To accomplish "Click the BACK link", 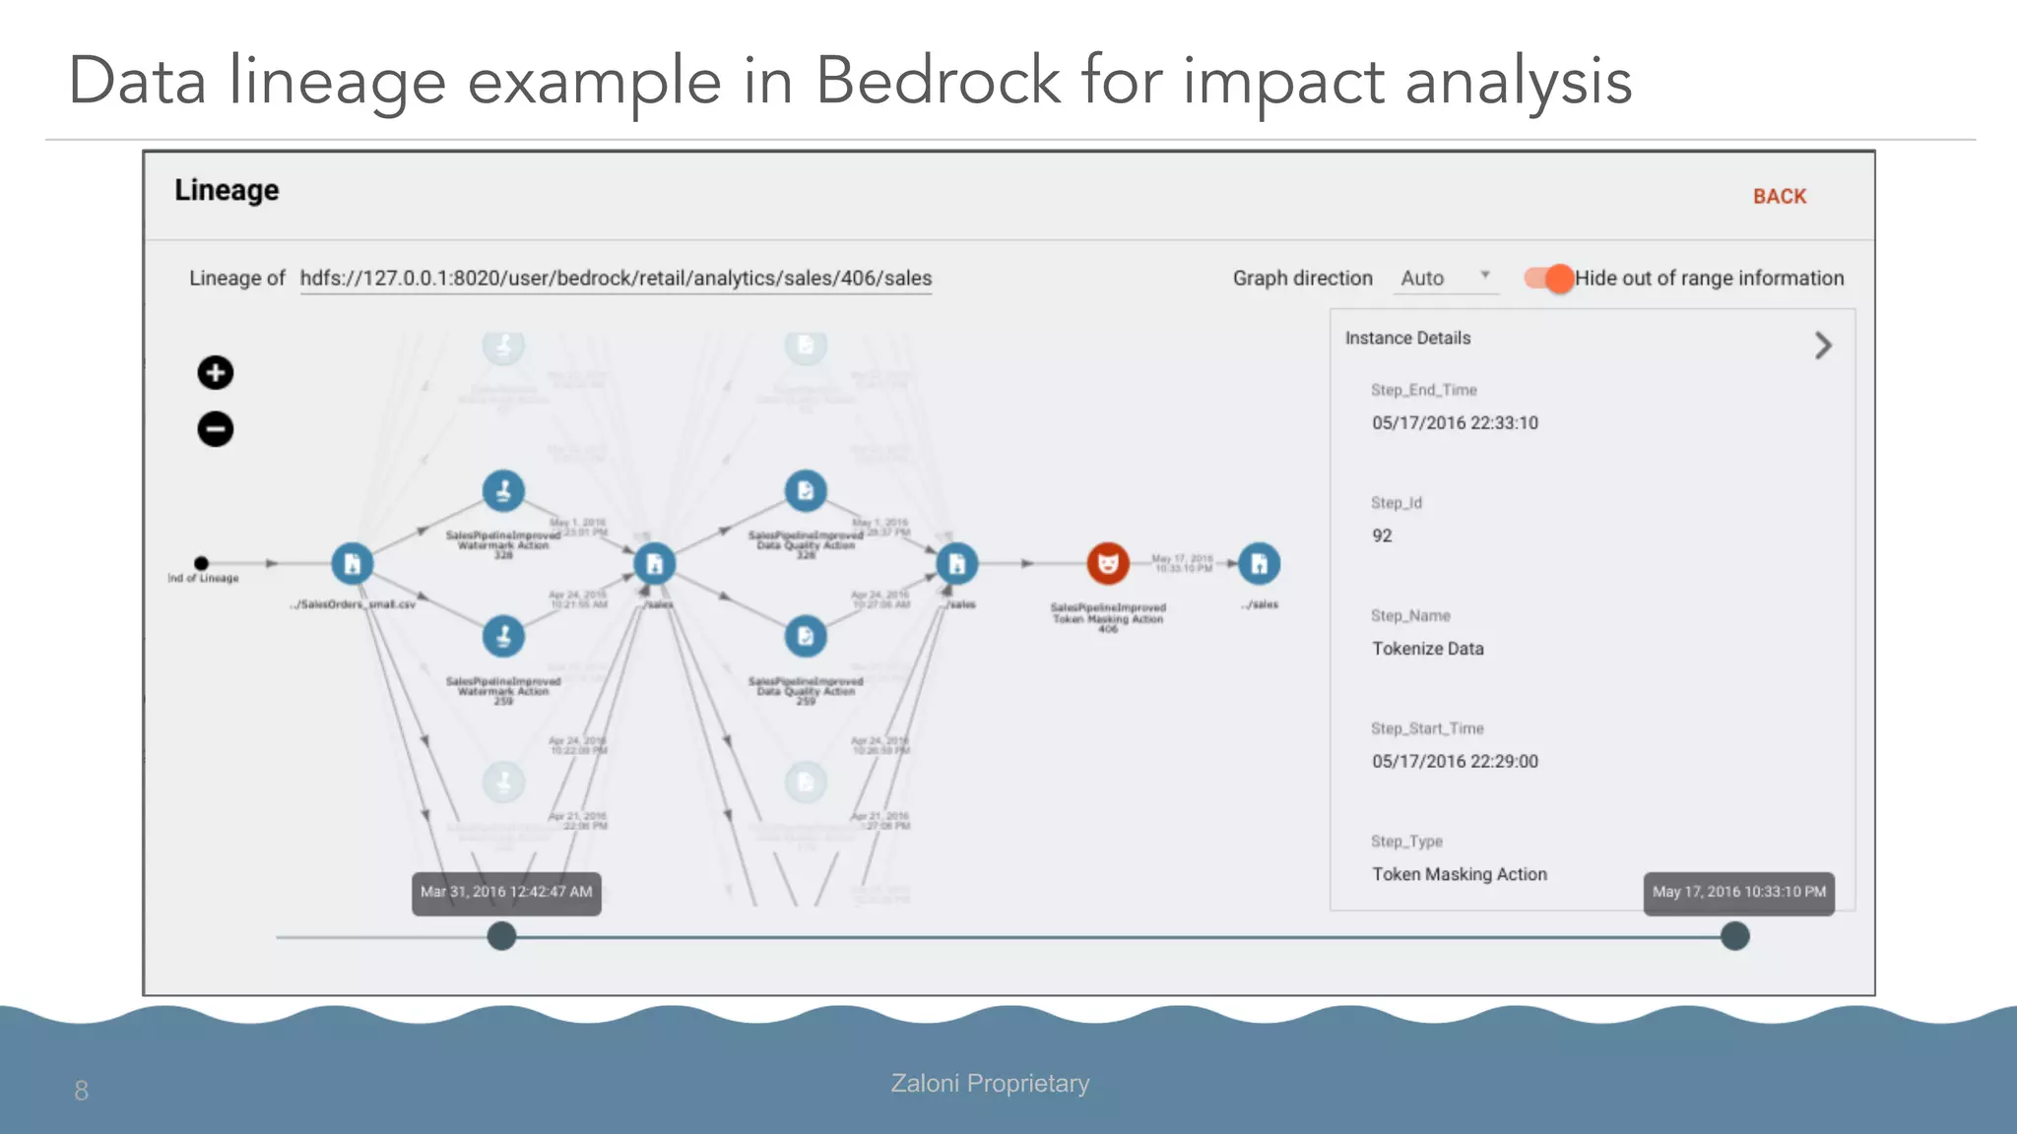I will click(1779, 197).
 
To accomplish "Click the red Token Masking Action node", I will click(1107, 564).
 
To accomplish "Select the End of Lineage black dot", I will click(201, 563).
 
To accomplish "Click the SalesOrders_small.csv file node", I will click(352, 564).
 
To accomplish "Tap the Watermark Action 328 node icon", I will click(503, 490).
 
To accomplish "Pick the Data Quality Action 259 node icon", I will click(806, 636).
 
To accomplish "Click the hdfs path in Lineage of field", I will click(616, 279).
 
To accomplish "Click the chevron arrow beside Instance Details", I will click(1823, 346).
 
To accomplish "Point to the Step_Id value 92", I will click(1382, 535).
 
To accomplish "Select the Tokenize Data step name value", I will click(1427, 649).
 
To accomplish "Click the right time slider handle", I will click(1734, 936).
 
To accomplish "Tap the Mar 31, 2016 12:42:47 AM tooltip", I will click(506, 893).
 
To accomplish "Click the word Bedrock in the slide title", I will click(937, 81).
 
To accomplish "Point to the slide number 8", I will click(81, 1091).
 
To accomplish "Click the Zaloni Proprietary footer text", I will click(990, 1083).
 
